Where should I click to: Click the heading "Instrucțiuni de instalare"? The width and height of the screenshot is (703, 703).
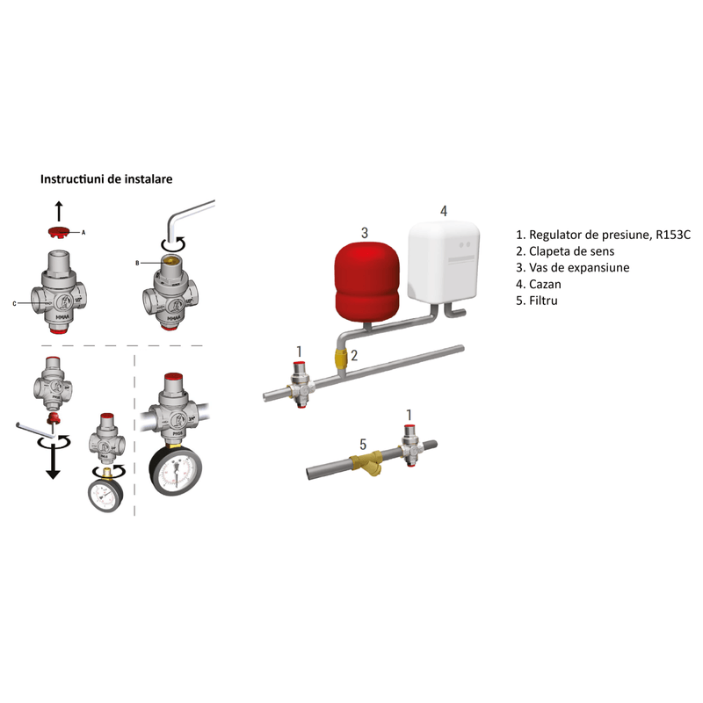tap(105, 178)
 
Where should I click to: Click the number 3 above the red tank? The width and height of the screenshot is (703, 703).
tap(364, 232)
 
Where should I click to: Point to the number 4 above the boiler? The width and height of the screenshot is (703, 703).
tap(444, 211)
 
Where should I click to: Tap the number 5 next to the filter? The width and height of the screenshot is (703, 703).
tap(362, 445)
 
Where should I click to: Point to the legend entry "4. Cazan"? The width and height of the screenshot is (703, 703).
tap(539, 284)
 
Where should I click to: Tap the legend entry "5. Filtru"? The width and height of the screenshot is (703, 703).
tap(537, 301)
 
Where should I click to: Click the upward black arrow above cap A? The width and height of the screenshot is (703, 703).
tap(59, 210)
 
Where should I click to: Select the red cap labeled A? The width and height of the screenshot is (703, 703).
tap(59, 233)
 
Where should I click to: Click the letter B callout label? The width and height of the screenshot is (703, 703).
tap(137, 263)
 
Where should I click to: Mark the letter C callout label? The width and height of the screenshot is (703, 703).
tap(14, 303)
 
